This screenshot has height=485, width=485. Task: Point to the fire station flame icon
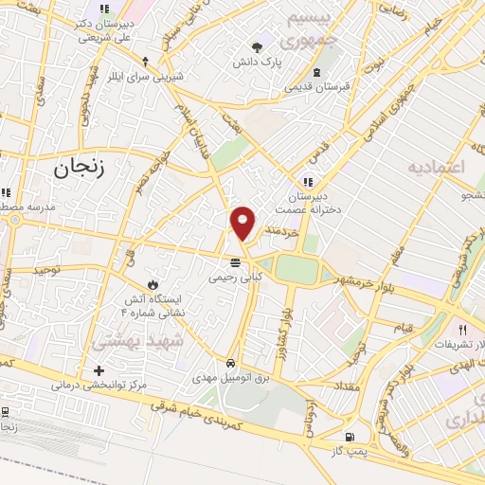pos(153,283)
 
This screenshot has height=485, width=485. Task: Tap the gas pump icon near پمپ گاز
pos(350,437)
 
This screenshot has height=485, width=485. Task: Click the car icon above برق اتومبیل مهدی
pos(230,363)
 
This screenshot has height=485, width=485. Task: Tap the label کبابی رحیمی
pos(233,278)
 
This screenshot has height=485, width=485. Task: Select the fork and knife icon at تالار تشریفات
pos(462,330)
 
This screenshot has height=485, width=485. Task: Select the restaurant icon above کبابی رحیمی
pos(233,262)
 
